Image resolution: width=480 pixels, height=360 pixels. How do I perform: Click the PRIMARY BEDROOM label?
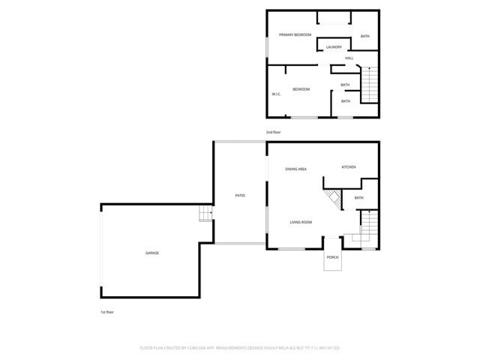(x=295, y=35)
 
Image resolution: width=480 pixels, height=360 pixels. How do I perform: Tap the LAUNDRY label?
(x=334, y=47)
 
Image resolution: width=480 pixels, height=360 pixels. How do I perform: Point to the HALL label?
(x=349, y=58)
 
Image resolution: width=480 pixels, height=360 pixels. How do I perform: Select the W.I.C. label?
(x=276, y=94)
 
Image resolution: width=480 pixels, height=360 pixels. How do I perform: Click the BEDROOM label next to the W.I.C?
(x=301, y=89)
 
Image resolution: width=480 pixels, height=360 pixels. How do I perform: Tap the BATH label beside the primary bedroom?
(x=364, y=37)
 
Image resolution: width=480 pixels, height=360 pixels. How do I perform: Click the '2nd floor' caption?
(x=273, y=132)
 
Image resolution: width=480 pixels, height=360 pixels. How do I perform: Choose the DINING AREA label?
(x=295, y=169)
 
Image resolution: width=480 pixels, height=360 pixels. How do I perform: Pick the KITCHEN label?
(x=349, y=167)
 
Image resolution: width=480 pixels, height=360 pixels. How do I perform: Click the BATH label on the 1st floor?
(x=358, y=198)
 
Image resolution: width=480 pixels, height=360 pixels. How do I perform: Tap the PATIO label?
(x=240, y=196)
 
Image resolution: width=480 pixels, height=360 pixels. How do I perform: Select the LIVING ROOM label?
(x=301, y=222)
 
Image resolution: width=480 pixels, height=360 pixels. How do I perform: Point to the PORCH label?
(x=332, y=257)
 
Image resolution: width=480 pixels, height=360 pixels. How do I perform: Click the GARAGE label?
(x=152, y=253)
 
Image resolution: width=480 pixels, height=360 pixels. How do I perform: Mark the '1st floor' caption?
(x=107, y=312)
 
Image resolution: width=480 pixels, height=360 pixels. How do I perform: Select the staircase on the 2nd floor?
(x=370, y=84)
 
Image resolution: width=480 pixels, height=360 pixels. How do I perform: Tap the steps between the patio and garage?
(x=205, y=214)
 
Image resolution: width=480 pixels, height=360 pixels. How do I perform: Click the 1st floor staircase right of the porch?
(x=370, y=224)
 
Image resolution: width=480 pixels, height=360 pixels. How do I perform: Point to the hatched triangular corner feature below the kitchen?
(x=333, y=199)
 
